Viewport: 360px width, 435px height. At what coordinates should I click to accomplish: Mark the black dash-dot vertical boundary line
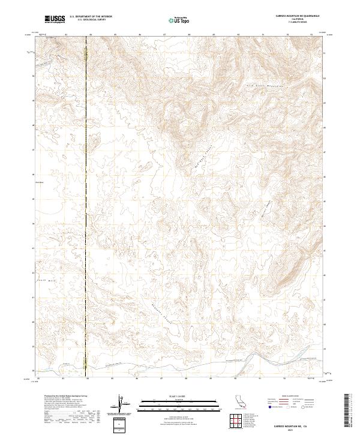click(86, 210)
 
